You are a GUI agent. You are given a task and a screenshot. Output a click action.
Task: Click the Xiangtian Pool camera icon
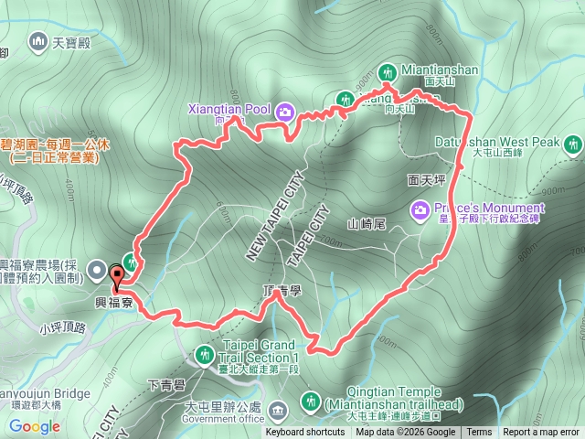(x=284, y=111)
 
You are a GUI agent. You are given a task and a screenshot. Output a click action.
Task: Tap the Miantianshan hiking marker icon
(x=387, y=71)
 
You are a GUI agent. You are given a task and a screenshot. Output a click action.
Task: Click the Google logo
(x=35, y=426)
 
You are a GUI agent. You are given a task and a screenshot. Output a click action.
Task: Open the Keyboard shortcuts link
(x=305, y=433)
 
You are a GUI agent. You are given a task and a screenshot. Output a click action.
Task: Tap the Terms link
(x=479, y=433)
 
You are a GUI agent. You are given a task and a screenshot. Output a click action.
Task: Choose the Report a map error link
(x=542, y=433)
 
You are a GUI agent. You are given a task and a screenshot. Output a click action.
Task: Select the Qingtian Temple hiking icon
(x=310, y=401)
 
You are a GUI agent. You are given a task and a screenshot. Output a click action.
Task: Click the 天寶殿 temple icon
(x=38, y=40)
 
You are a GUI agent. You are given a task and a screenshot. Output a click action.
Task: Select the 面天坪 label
(x=425, y=181)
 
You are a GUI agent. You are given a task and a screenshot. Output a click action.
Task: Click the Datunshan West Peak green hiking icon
(x=573, y=144)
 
